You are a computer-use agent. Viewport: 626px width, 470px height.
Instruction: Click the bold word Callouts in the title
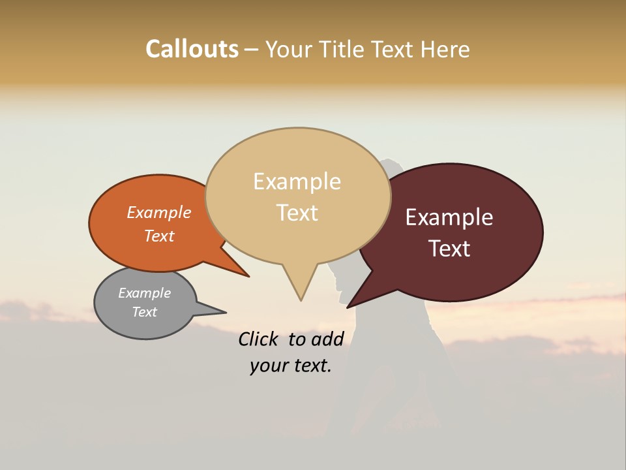point(192,49)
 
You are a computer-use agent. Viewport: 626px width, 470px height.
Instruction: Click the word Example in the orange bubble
point(158,212)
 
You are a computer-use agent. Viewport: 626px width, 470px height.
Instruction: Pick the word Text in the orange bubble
point(158,236)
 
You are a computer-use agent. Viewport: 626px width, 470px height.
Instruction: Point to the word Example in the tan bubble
point(297,181)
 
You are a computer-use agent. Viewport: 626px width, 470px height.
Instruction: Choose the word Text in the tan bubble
point(297,213)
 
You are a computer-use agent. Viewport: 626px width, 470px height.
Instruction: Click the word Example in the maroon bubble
point(449,217)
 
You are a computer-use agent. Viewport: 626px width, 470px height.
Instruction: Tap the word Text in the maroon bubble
point(449,249)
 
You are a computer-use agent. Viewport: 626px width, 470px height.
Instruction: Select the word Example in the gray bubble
point(144,293)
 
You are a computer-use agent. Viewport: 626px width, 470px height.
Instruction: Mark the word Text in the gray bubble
point(144,312)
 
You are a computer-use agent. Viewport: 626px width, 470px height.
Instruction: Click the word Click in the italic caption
point(258,339)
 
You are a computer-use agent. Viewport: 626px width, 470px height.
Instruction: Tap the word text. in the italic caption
point(310,366)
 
